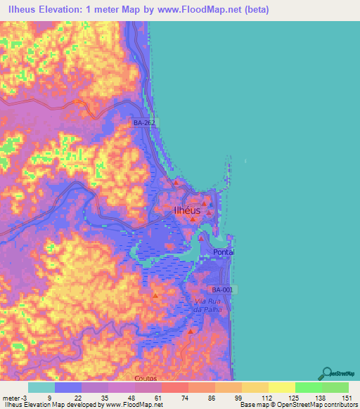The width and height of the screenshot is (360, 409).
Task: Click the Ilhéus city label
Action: (x=187, y=210)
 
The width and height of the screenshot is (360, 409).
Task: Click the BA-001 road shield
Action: (x=222, y=290)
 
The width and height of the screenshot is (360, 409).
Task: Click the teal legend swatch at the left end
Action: (x=41, y=387)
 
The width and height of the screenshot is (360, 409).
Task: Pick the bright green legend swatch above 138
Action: (x=308, y=387)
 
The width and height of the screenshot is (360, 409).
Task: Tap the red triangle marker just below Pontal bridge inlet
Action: (x=200, y=238)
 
